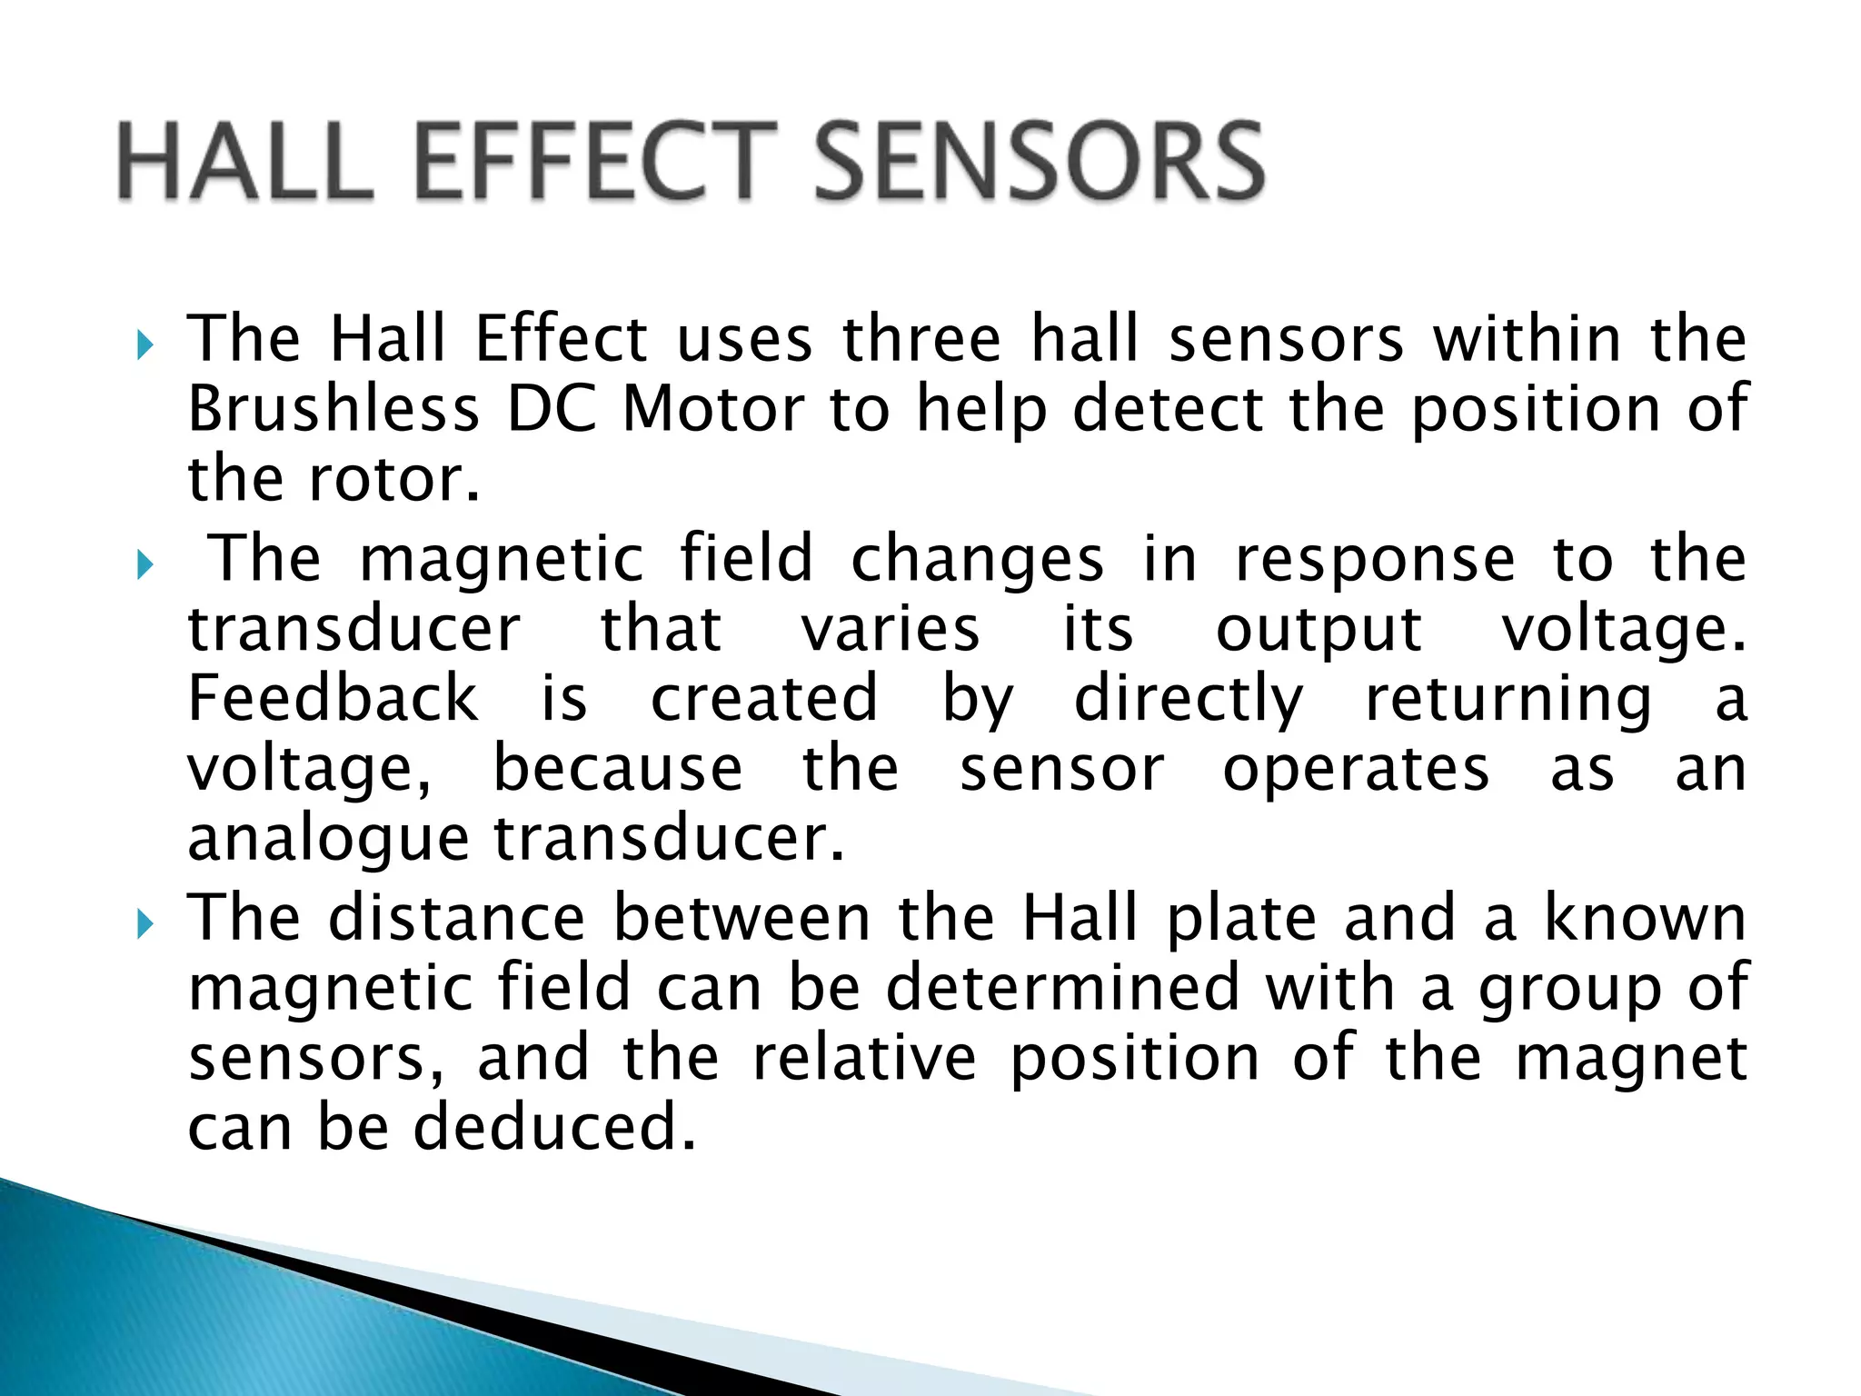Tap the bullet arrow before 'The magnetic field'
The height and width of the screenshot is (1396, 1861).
(x=144, y=565)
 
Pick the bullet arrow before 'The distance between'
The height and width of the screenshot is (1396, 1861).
(x=144, y=924)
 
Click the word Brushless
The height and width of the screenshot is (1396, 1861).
(x=333, y=409)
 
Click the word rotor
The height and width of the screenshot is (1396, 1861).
(x=392, y=479)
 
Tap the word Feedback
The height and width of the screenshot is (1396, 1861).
(x=333, y=699)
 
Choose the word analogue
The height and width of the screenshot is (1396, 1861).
(x=327, y=839)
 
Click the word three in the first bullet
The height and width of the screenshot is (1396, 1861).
(x=921, y=339)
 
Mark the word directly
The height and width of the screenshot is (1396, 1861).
(x=1188, y=701)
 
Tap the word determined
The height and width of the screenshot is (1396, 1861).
(x=1062, y=988)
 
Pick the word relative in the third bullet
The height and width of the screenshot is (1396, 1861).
(x=864, y=1058)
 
